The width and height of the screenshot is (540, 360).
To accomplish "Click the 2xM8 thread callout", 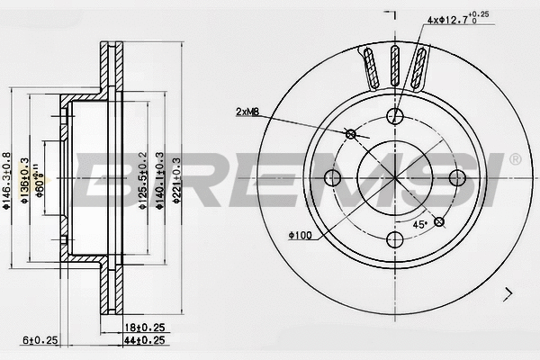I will click(x=248, y=112).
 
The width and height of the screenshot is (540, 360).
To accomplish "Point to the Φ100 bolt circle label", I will click(x=300, y=236).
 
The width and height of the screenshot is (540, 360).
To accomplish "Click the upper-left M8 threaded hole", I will click(x=351, y=134).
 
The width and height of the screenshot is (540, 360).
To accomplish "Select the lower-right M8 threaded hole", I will click(x=439, y=221).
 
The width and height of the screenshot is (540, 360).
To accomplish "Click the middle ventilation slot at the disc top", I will click(x=395, y=67).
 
